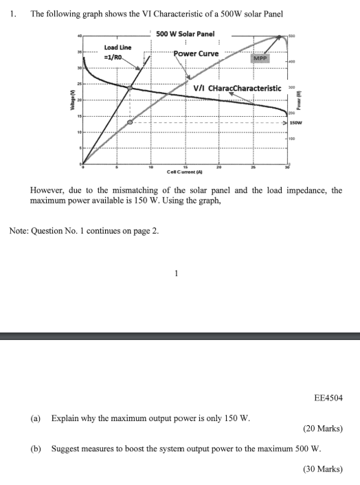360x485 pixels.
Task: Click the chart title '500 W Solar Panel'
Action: pos(185,34)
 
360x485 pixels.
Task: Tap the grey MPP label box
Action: pos(260,59)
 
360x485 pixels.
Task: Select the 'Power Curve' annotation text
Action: pos(196,54)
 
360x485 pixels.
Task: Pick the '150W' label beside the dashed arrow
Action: pos(297,122)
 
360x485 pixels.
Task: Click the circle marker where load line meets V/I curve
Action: pos(129,88)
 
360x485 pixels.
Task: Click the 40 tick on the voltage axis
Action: pos(80,35)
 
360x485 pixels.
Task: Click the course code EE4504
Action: pos(327,397)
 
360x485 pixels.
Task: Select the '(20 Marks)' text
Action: pos(322,429)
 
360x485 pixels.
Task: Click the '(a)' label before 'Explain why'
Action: pos(35,417)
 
